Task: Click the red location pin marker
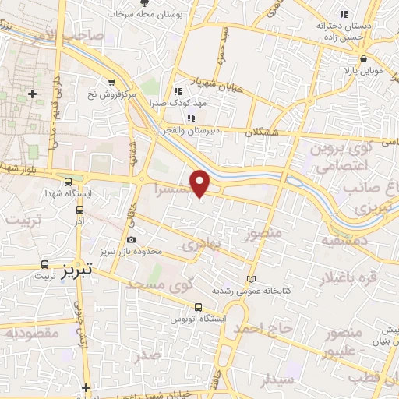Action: coord(200,182)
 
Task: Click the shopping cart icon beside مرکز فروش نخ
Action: coord(112,82)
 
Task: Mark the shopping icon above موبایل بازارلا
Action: coord(363,58)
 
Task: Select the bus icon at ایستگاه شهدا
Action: coord(69,180)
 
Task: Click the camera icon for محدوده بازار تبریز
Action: coord(130,239)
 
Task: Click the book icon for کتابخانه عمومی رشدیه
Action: coord(250,278)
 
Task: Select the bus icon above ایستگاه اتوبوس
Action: coord(198,307)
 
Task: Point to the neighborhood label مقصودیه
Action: coord(33,333)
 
